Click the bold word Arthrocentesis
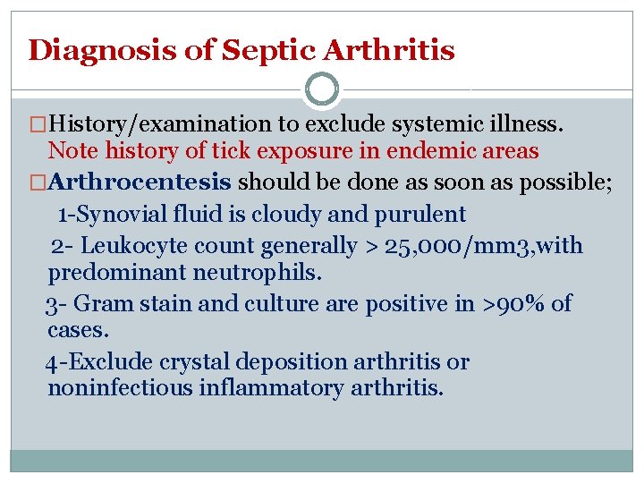pyautogui.click(x=140, y=183)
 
